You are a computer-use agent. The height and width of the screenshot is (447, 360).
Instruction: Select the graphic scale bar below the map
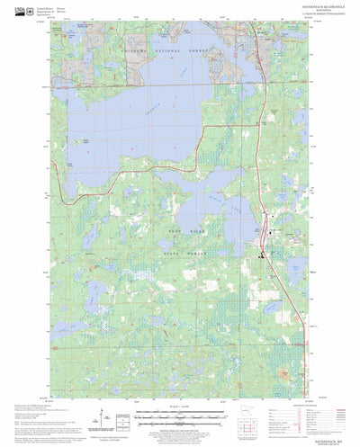180,416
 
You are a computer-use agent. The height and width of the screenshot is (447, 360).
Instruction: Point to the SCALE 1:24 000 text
180,409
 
